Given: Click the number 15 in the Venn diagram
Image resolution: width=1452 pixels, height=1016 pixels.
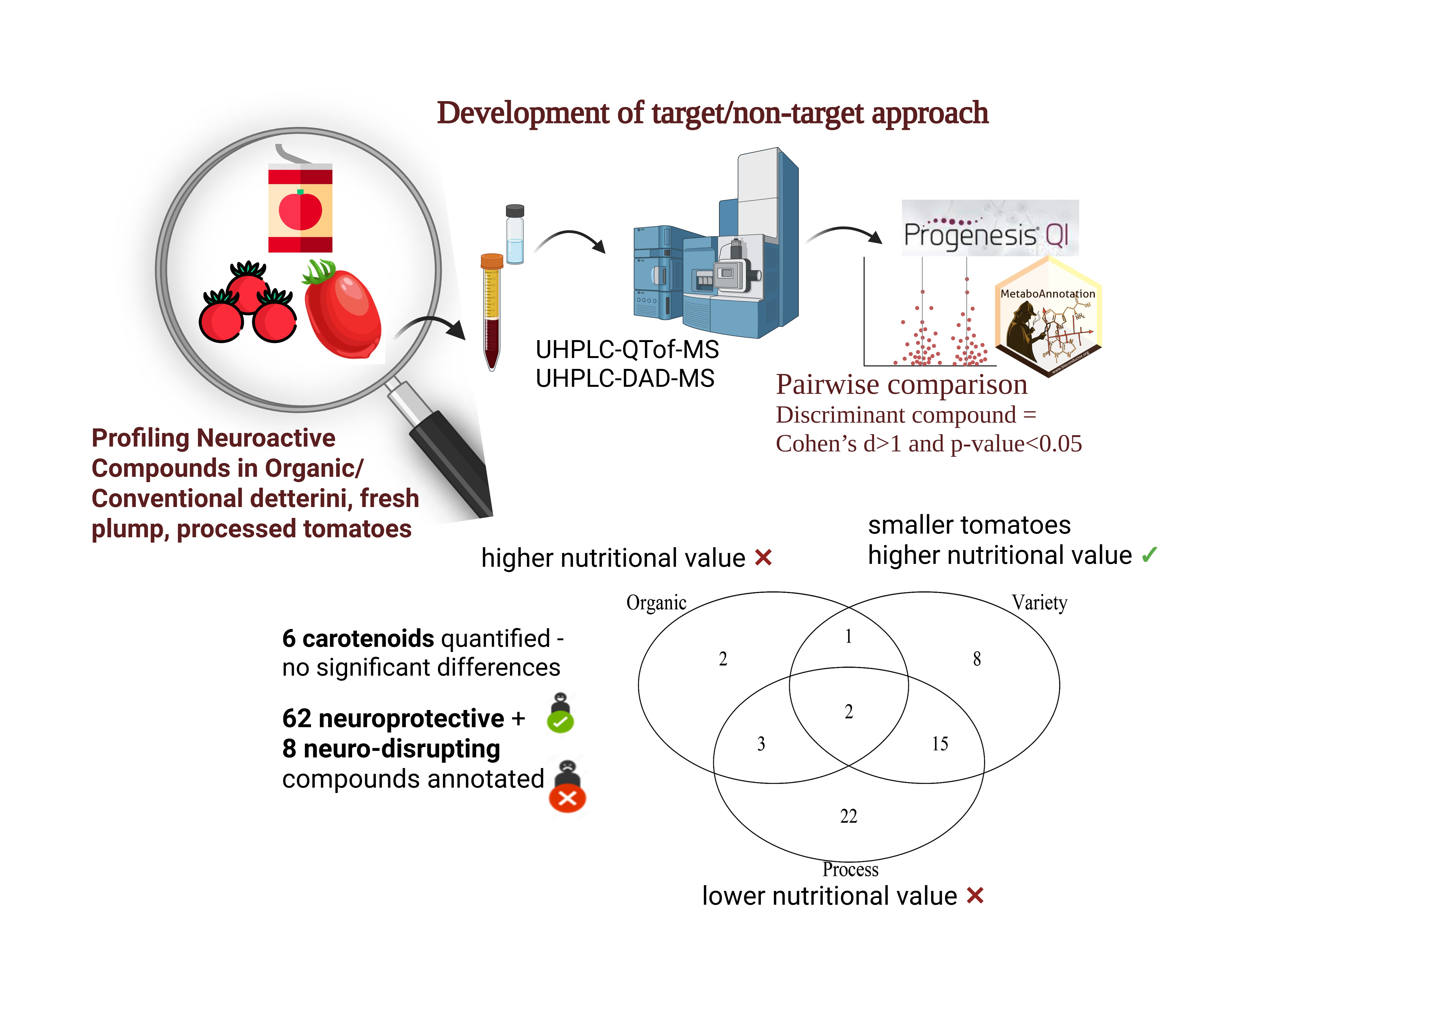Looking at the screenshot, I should coord(940,744).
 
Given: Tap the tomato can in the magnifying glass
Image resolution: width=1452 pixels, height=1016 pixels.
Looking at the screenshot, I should coord(300,209).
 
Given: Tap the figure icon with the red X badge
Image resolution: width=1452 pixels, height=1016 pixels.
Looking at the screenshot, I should coord(567,787).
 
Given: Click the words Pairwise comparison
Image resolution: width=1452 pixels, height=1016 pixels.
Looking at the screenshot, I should coord(901,384).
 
